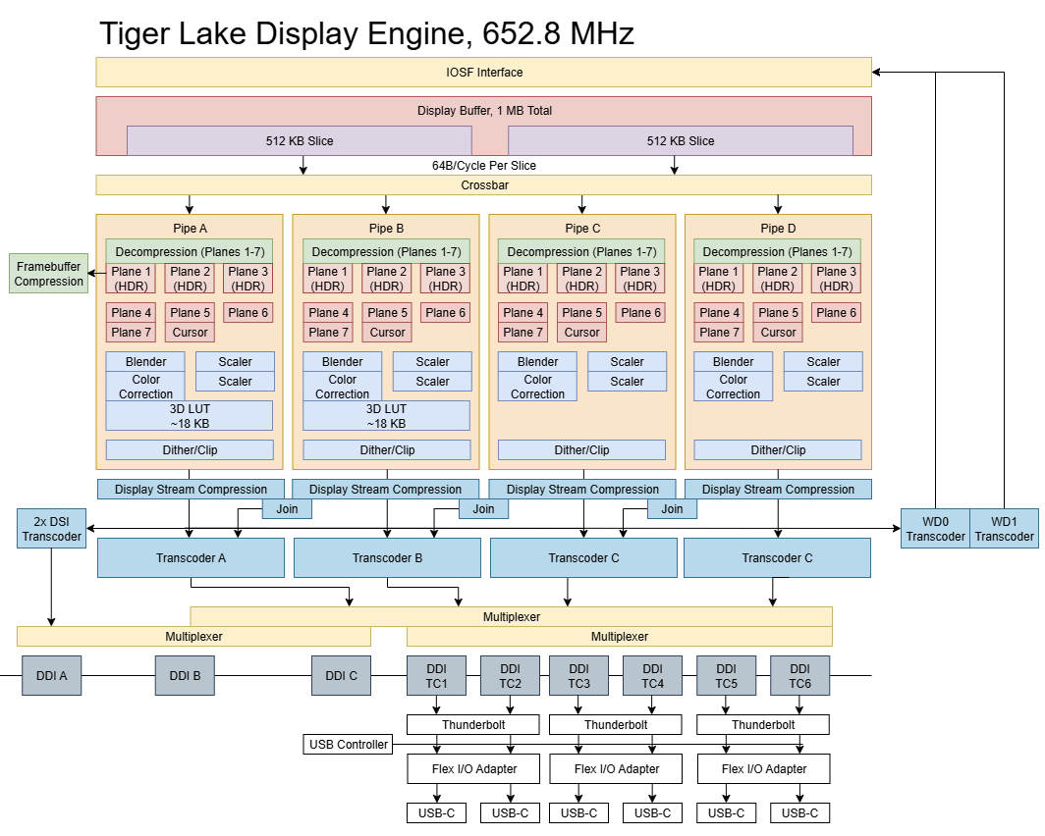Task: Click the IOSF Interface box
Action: click(484, 72)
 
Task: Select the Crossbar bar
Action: click(484, 185)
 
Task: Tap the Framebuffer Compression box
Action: click(49, 274)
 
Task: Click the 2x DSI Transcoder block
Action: click(51, 529)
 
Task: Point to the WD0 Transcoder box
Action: click(935, 529)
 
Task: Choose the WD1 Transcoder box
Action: click(1004, 529)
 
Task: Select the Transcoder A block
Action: click(191, 557)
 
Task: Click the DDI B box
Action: click(185, 676)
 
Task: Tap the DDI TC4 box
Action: click(652, 676)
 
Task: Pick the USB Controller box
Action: click(348, 744)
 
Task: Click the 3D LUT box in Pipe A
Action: click(190, 416)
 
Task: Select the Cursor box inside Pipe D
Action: click(778, 332)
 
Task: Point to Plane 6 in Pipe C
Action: click(640, 313)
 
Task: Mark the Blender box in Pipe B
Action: click(343, 361)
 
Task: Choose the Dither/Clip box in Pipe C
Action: click(581, 450)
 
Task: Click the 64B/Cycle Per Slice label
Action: click(484, 165)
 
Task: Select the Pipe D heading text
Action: click(778, 229)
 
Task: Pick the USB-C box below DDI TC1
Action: click(436, 812)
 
